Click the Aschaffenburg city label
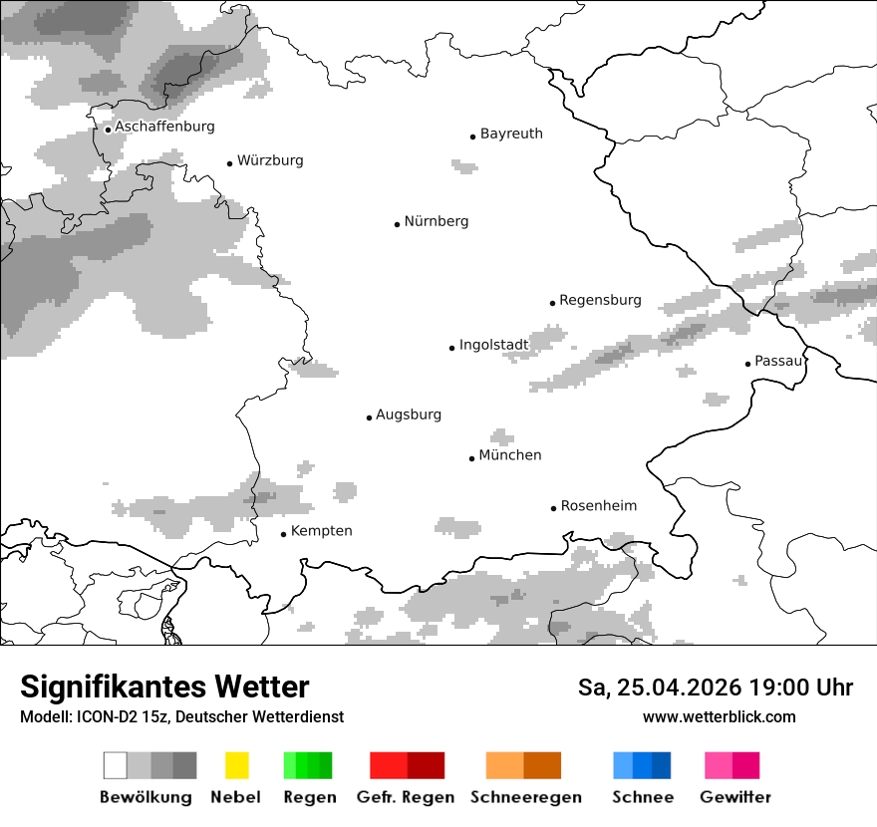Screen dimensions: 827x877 tap(164, 127)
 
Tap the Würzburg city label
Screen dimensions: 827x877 tap(270, 160)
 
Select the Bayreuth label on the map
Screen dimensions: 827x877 tap(511, 134)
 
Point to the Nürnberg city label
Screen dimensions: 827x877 tap(436, 221)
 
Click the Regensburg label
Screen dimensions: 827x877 tap(600, 300)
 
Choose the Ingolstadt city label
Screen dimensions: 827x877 tap(493, 345)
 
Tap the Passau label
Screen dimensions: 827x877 tap(778, 361)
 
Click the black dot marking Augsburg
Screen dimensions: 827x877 tap(369, 417)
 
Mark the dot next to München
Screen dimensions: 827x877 tap(471, 458)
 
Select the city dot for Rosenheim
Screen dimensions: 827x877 tap(553, 508)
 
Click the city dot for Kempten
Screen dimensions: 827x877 tap(283, 534)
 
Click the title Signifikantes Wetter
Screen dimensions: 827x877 tap(164, 687)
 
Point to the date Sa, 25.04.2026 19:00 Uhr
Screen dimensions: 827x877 tap(716, 688)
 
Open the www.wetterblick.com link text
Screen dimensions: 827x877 tap(719, 716)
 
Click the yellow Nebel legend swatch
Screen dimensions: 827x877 tap(236, 765)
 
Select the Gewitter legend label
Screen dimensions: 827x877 tap(734, 797)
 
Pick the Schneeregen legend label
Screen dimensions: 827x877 tap(525, 797)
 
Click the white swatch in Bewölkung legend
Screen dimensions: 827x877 tap(116, 765)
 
